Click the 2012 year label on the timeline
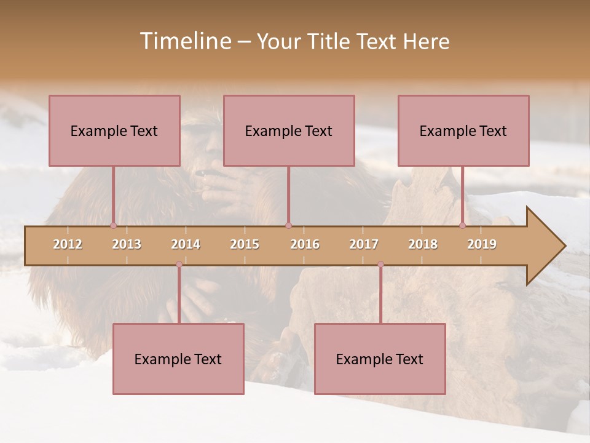(68, 244)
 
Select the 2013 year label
(127, 244)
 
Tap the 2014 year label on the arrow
(186, 244)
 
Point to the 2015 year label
(245, 244)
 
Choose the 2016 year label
(305, 244)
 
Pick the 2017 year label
(364, 244)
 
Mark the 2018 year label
(423, 244)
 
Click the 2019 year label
(482, 244)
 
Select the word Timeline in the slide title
(184, 41)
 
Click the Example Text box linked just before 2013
(114, 130)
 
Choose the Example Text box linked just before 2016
(289, 130)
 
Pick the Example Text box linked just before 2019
(463, 130)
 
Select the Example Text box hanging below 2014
(178, 359)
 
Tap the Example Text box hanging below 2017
(380, 359)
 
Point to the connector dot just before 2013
(113, 225)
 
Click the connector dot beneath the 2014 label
(179, 265)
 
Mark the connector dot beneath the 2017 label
(380, 265)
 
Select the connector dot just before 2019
(462, 225)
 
